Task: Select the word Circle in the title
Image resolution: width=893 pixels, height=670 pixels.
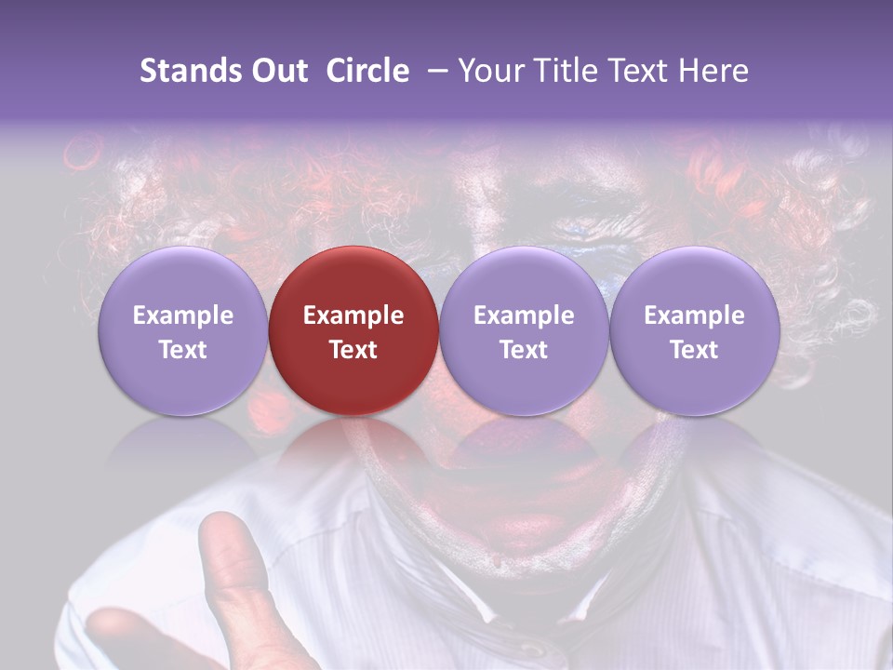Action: click(367, 71)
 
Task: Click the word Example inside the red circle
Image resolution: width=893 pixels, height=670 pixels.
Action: click(353, 315)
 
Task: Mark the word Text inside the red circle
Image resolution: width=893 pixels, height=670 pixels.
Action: click(353, 350)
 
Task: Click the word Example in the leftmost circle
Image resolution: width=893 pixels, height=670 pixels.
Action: click(182, 315)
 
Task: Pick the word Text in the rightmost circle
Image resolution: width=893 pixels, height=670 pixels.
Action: click(694, 350)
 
